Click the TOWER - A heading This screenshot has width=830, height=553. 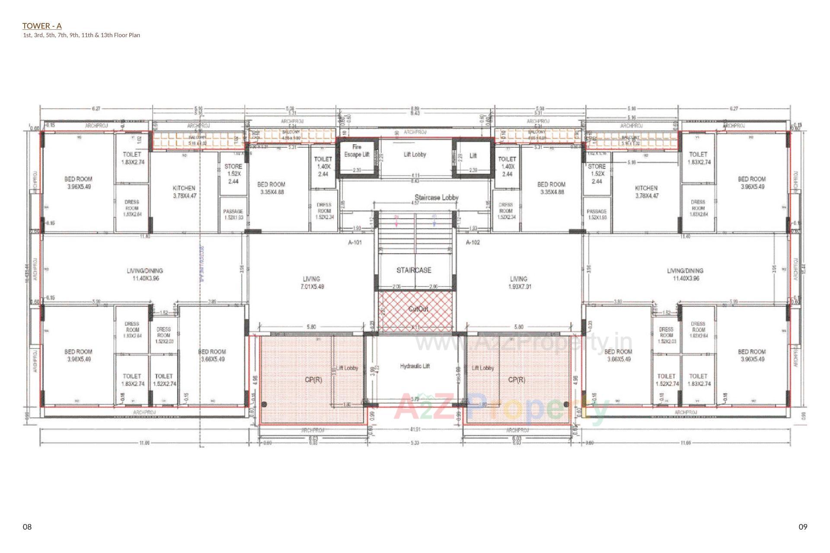coord(42,26)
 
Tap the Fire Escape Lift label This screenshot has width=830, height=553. coord(357,151)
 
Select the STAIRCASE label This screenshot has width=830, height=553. coord(414,270)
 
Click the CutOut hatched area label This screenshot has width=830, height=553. coord(418,309)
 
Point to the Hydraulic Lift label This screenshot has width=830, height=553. coord(415,366)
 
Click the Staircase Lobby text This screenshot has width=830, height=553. coord(436,197)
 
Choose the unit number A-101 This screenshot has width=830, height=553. coord(354,242)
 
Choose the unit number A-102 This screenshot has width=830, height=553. coord(472,242)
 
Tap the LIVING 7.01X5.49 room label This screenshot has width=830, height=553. coord(312,283)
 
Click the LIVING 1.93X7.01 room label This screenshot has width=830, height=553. coord(518,283)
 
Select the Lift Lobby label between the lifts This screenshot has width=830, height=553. coord(415,154)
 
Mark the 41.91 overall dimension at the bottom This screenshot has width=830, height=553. coord(415,429)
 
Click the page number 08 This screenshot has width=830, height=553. coord(27,527)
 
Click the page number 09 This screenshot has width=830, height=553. coord(803,527)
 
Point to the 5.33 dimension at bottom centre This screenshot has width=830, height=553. coord(415,443)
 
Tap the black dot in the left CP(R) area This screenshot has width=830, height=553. coord(265,404)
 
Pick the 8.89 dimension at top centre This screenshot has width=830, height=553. coord(415,108)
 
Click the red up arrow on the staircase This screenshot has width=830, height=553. coord(396,220)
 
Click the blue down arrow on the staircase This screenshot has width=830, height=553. coord(434,220)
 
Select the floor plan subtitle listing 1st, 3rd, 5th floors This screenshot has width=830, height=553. coord(81,35)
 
